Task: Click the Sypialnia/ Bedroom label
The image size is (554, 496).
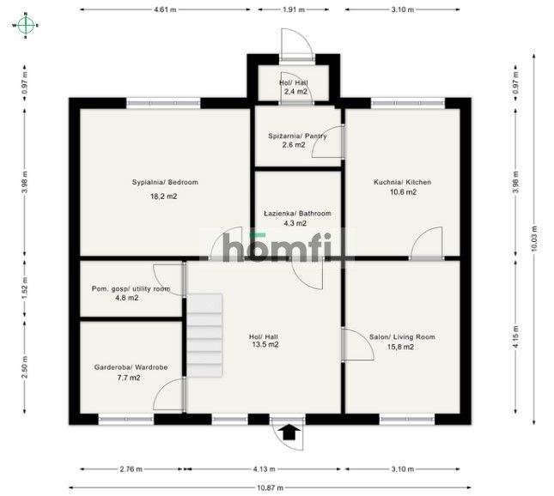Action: pyautogui.click(x=165, y=182)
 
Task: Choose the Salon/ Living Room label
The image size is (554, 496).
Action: pyautogui.click(x=402, y=337)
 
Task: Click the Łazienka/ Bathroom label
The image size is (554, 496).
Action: pyautogui.click(x=297, y=213)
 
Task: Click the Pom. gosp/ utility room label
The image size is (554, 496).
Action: pyautogui.click(x=131, y=289)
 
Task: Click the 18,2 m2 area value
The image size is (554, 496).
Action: pyautogui.click(x=165, y=197)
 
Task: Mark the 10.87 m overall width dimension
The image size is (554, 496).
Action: pyautogui.click(x=270, y=487)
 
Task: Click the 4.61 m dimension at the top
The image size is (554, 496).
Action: pyautogui.click(x=164, y=9)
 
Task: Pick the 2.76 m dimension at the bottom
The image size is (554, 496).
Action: pyautogui.click(x=131, y=469)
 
